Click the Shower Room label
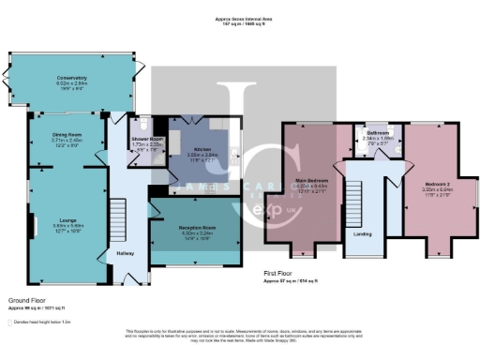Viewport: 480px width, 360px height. tap(146, 138)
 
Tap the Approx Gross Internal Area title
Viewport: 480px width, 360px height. tap(241, 19)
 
